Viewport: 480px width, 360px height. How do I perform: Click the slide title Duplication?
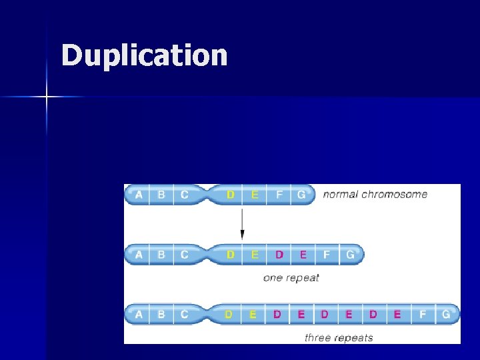click(144, 55)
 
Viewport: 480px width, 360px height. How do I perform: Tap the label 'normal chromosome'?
click(375, 195)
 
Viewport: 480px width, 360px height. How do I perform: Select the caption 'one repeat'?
click(291, 277)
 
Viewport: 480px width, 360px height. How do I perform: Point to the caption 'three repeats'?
click(339, 337)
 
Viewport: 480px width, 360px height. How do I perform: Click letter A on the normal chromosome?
click(139, 195)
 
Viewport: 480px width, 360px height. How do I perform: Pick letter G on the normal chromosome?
click(301, 195)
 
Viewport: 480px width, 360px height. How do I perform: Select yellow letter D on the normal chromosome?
click(231, 195)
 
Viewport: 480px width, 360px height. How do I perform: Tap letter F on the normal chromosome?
click(279, 195)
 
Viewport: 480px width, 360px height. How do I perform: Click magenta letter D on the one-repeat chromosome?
click(279, 254)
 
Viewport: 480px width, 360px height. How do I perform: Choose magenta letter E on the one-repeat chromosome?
click(303, 254)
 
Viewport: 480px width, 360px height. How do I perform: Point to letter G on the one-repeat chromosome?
click(351, 254)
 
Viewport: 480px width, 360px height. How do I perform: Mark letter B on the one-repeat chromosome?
click(161, 254)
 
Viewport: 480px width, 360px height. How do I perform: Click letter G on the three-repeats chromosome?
click(445, 314)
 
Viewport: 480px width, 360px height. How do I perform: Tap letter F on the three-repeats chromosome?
click(422, 314)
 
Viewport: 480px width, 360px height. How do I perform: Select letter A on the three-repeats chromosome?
click(139, 314)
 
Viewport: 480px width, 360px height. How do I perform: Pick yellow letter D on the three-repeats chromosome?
click(229, 314)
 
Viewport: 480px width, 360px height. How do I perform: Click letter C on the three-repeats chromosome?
click(184, 314)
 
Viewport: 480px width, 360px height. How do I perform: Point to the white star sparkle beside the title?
click(47, 97)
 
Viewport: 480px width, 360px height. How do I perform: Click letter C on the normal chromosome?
click(184, 195)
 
